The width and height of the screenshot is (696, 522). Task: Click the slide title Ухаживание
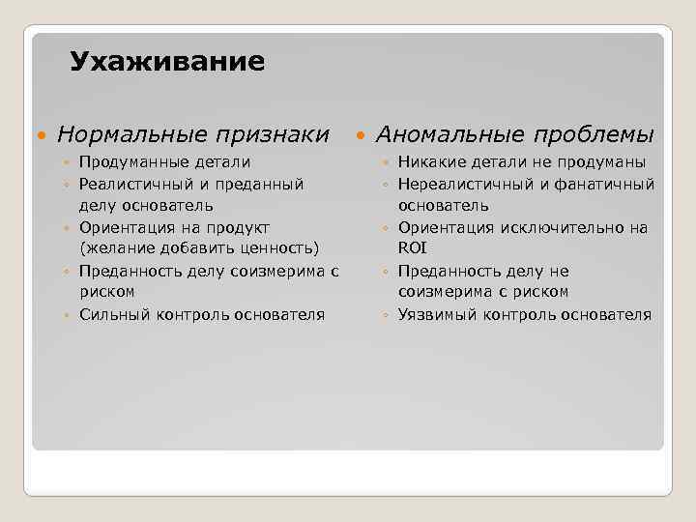[166, 63]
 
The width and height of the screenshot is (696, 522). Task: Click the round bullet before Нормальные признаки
[40, 133]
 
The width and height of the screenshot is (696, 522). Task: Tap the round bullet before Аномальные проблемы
[360, 133]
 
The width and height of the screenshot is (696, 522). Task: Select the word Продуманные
[135, 161]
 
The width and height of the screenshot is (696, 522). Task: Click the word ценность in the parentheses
[275, 249]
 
